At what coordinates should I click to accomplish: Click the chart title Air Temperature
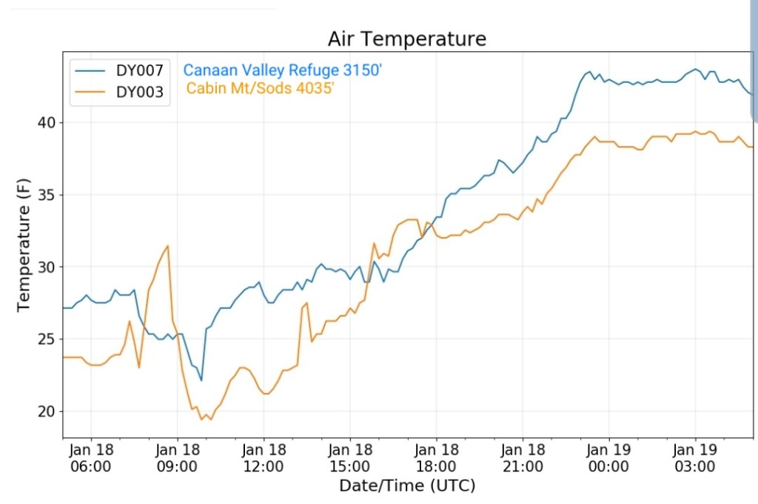pyautogui.click(x=407, y=39)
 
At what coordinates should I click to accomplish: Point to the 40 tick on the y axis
pyautogui.click(x=46, y=122)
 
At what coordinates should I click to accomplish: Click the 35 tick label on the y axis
pyautogui.click(x=46, y=195)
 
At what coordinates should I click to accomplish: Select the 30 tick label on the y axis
pyautogui.click(x=46, y=267)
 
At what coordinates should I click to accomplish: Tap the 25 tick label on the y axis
pyautogui.click(x=46, y=339)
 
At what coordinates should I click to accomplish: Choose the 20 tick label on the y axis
pyautogui.click(x=46, y=411)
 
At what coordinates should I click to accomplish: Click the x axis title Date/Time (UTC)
pyautogui.click(x=407, y=486)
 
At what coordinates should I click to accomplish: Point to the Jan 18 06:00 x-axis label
pyautogui.click(x=91, y=457)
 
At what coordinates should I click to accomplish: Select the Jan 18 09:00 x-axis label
pyautogui.click(x=178, y=457)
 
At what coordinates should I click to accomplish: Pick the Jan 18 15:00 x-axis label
pyautogui.click(x=350, y=457)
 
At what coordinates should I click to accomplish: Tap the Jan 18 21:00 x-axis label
pyautogui.click(x=523, y=457)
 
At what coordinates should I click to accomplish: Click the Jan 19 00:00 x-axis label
pyautogui.click(x=608, y=457)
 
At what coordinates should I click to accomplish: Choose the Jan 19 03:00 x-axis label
pyautogui.click(x=695, y=457)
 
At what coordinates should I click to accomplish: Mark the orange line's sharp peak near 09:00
pyautogui.click(x=168, y=245)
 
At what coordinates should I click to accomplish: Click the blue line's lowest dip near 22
pyautogui.click(x=201, y=380)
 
